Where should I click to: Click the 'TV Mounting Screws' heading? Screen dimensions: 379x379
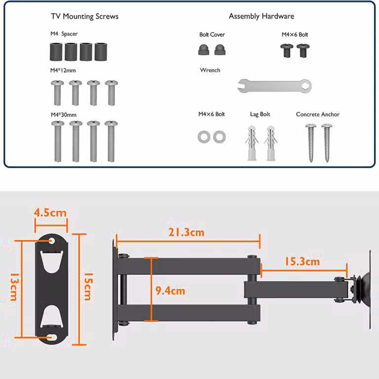click(x=84, y=16)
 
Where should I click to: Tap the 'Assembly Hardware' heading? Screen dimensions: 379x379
click(x=262, y=16)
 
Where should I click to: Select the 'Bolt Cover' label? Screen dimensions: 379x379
click(x=212, y=35)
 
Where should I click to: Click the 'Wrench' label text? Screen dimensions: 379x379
click(x=210, y=70)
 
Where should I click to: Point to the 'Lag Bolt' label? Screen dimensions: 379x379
click(x=260, y=114)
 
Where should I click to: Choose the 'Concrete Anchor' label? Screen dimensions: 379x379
click(x=318, y=114)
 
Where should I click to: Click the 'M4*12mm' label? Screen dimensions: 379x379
click(x=63, y=71)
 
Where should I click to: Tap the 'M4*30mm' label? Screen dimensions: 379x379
click(x=64, y=114)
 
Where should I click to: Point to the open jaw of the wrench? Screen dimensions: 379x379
click(x=241, y=86)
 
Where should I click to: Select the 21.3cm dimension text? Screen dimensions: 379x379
click(x=187, y=232)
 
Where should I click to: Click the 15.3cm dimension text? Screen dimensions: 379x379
click(x=302, y=262)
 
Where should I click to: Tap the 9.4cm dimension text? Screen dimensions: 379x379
click(x=170, y=291)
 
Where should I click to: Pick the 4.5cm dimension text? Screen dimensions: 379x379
click(x=50, y=213)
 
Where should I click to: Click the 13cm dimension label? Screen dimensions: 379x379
click(x=13, y=287)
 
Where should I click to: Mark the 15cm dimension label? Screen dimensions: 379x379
click(x=88, y=286)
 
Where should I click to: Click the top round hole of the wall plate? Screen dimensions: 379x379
click(x=52, y=241)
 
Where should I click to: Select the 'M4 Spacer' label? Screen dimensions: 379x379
click(x=64, y=34)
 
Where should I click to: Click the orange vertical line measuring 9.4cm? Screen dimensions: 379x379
click(x=152, y=289)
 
